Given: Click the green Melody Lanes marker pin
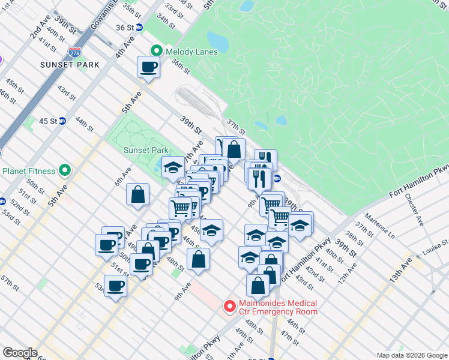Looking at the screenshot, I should click(157, 51).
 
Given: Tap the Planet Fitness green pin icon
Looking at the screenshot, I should click(64, 170).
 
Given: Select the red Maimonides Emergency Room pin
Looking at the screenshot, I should click(229, 307).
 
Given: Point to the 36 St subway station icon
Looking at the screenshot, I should click(139, 28).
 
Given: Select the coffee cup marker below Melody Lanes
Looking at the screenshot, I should click(148, 67).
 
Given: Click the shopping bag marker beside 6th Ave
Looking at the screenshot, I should click(137, 194).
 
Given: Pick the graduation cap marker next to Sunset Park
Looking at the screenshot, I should click(173, 167).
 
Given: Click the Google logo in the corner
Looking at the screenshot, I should click(20, 353).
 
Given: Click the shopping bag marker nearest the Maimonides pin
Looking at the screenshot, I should click(258, 286).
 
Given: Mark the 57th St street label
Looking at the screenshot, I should click(10, 280).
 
